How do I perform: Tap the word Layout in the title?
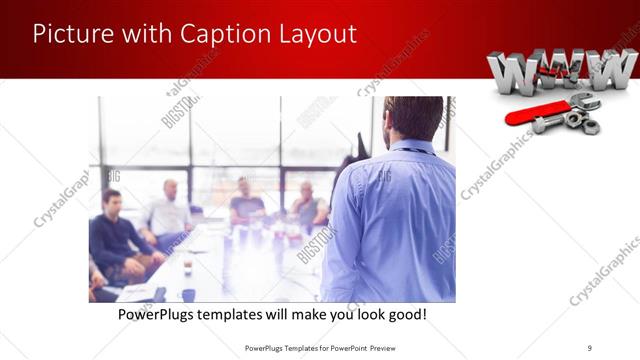point(318,33)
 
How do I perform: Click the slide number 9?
point(590,347)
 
